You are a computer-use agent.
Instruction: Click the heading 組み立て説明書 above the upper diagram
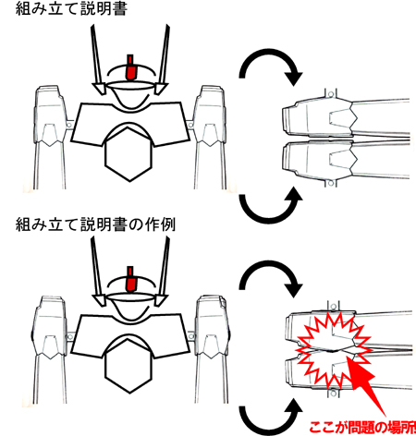(x=71, y=8)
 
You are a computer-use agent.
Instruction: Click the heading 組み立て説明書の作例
(x=95, y=224)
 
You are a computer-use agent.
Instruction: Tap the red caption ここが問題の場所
(x=362, y=428)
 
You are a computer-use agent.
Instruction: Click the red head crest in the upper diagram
(x=131, y=67)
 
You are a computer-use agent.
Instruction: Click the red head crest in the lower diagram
(x=130, y=279)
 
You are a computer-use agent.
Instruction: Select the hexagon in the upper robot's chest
(x=128, y=153)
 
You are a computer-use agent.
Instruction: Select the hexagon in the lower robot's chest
(x=128, y=366)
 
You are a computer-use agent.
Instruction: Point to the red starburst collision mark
(x=333, y=350)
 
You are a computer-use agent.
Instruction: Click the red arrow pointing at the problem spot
(x=367, y=385)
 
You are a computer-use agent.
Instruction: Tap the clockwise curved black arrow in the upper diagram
(x=269, y=53)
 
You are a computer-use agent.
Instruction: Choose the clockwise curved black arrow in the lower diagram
(x=269, y=265)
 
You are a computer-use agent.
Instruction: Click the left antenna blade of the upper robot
(x=97, y=58)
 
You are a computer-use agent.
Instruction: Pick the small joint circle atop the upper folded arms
(x=331, y=94)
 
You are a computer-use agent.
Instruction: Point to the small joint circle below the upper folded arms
(x=331, y=184)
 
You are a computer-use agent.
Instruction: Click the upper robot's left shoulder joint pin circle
(x=69, y=125)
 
